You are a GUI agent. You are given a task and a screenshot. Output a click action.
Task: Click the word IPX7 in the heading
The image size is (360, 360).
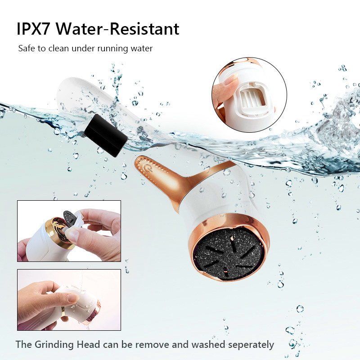coord(33,29)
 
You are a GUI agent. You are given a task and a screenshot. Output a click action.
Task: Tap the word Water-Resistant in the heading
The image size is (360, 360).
coord(117,29)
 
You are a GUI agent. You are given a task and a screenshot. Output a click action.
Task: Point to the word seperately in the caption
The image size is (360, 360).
coord(251,345)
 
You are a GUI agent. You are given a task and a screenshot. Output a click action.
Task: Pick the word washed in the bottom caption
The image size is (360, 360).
coord(208,345)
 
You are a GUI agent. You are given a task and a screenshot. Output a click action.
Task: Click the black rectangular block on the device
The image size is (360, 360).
coord(106,135)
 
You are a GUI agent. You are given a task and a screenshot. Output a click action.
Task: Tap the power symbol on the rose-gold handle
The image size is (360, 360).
coord(147,167)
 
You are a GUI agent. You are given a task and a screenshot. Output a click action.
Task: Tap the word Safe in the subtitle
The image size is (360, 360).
coord(27,49)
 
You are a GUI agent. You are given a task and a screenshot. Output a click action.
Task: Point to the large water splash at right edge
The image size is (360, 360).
coord(337,129)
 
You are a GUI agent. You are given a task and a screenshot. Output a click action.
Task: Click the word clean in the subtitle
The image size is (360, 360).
coord(58,49)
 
